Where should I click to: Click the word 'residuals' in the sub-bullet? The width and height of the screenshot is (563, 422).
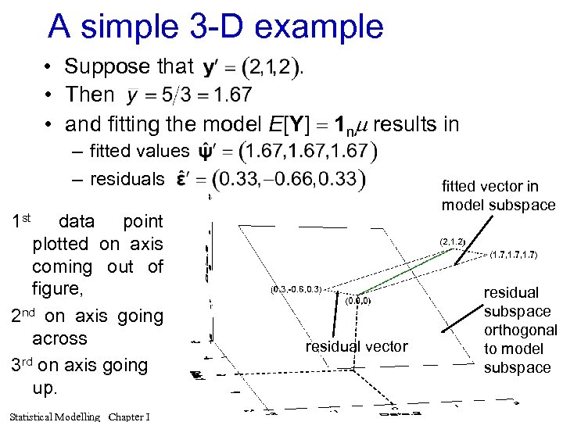pyautogui.click(x=127, y=179)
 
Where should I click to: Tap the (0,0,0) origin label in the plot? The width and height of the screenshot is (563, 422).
pyautogui.click(x=357, y=300)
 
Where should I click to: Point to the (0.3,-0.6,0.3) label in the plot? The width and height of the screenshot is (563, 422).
pyautogui.click(x=296, y=289)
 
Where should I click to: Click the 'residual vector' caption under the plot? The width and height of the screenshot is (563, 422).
pyautogui.click(x=356, y=346)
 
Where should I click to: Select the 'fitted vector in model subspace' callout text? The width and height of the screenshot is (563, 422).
pyautogui.click(x=497, y=195)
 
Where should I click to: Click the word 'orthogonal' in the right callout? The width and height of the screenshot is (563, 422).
pyautogui.click(x=520, y=330)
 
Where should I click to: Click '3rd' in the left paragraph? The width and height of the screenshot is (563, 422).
pyautogui.click(x=23, y=365)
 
